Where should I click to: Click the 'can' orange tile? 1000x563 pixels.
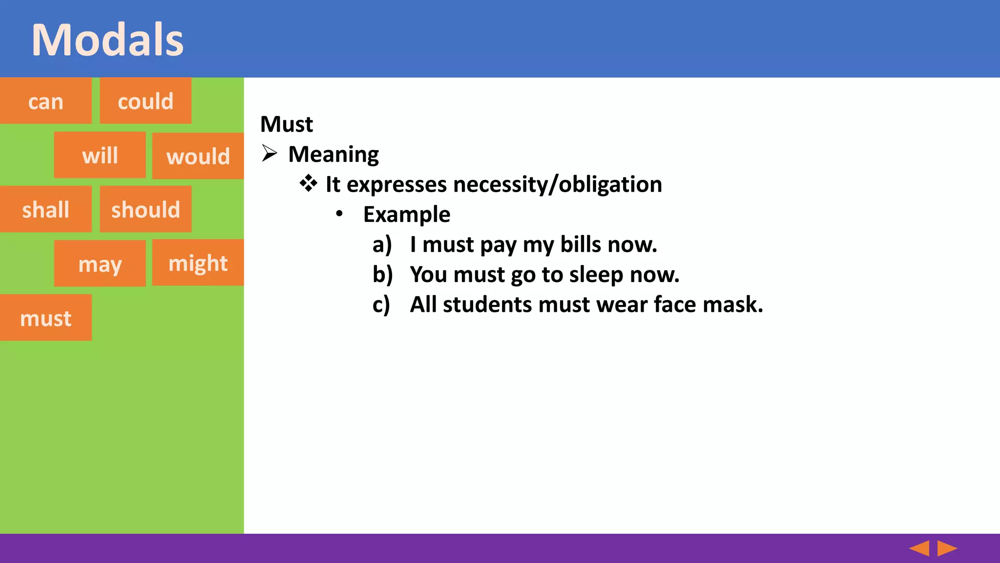pyautogui.click(x=45, y=101)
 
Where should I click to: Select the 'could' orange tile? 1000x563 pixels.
pyautogui.click(x=146, y=101)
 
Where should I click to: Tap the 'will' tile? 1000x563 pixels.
pyautogui.click(x=100, y=155)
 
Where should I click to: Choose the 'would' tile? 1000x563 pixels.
pyautogui.click(x=198, y=156)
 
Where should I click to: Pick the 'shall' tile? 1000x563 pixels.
pyautogui.click(x=45, y=210)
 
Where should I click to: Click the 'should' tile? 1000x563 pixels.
pyautogui.click(x=146, y=210)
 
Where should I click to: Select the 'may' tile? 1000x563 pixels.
pyautogui.click(x=100, y=264)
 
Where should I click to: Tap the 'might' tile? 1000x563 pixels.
pyautogui.click(x=198, y=263)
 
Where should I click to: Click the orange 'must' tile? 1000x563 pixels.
pyautogui.click(x=45, y=318)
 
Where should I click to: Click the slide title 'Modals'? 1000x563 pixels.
pyautogui.click(x=107, y=40)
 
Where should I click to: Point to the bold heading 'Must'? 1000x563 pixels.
pyautogui.click(x=287, y=124)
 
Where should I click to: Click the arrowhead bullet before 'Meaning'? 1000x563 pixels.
pyautogui.click(x=269, y=153)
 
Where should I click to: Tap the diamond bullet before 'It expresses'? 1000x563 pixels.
pyautogui.click(x=308, y=184)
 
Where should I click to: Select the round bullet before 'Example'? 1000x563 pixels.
pyautogui.click(x=339, y=214)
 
